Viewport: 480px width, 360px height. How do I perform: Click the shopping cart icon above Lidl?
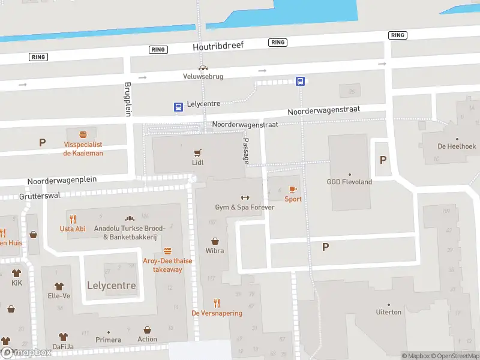point(197,152)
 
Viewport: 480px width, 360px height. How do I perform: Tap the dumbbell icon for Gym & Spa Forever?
point(245,198)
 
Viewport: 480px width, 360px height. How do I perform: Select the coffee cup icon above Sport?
point(293,190)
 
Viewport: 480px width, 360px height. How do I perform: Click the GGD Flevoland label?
point(349,182)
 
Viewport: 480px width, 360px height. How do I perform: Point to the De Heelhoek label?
point(457,146)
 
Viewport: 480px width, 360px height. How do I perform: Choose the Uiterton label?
point(388,312)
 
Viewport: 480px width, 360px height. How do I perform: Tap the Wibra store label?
point(215,250)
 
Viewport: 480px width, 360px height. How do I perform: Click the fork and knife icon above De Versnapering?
point(217,304)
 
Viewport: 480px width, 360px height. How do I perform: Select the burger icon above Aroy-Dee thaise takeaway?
point(167,251)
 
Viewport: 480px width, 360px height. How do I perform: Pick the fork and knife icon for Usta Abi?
point(73,219)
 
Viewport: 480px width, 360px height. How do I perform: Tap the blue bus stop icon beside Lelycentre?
point(178,107)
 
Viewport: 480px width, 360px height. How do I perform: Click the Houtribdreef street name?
point(218,46)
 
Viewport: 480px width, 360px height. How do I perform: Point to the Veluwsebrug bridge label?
point(203,76)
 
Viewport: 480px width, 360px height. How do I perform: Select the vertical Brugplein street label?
point(127,98)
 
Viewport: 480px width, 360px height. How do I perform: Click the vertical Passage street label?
point(245,150)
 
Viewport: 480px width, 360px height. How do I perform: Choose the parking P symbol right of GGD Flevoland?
point(383,160)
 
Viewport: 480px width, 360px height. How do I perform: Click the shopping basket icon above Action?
point(147,330)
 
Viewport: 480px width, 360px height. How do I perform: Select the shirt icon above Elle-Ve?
point(59,286)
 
